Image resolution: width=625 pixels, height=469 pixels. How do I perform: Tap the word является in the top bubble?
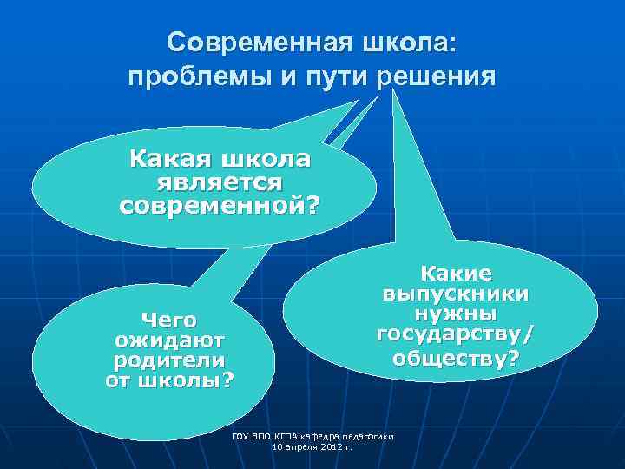219,183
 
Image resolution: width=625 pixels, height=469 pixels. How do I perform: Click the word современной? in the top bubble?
219,207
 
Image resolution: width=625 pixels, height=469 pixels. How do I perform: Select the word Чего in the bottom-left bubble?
169,320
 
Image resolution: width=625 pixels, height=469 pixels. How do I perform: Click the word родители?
169,360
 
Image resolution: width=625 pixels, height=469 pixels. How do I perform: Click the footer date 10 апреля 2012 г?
313,446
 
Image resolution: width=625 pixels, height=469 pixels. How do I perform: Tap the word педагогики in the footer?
371,435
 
